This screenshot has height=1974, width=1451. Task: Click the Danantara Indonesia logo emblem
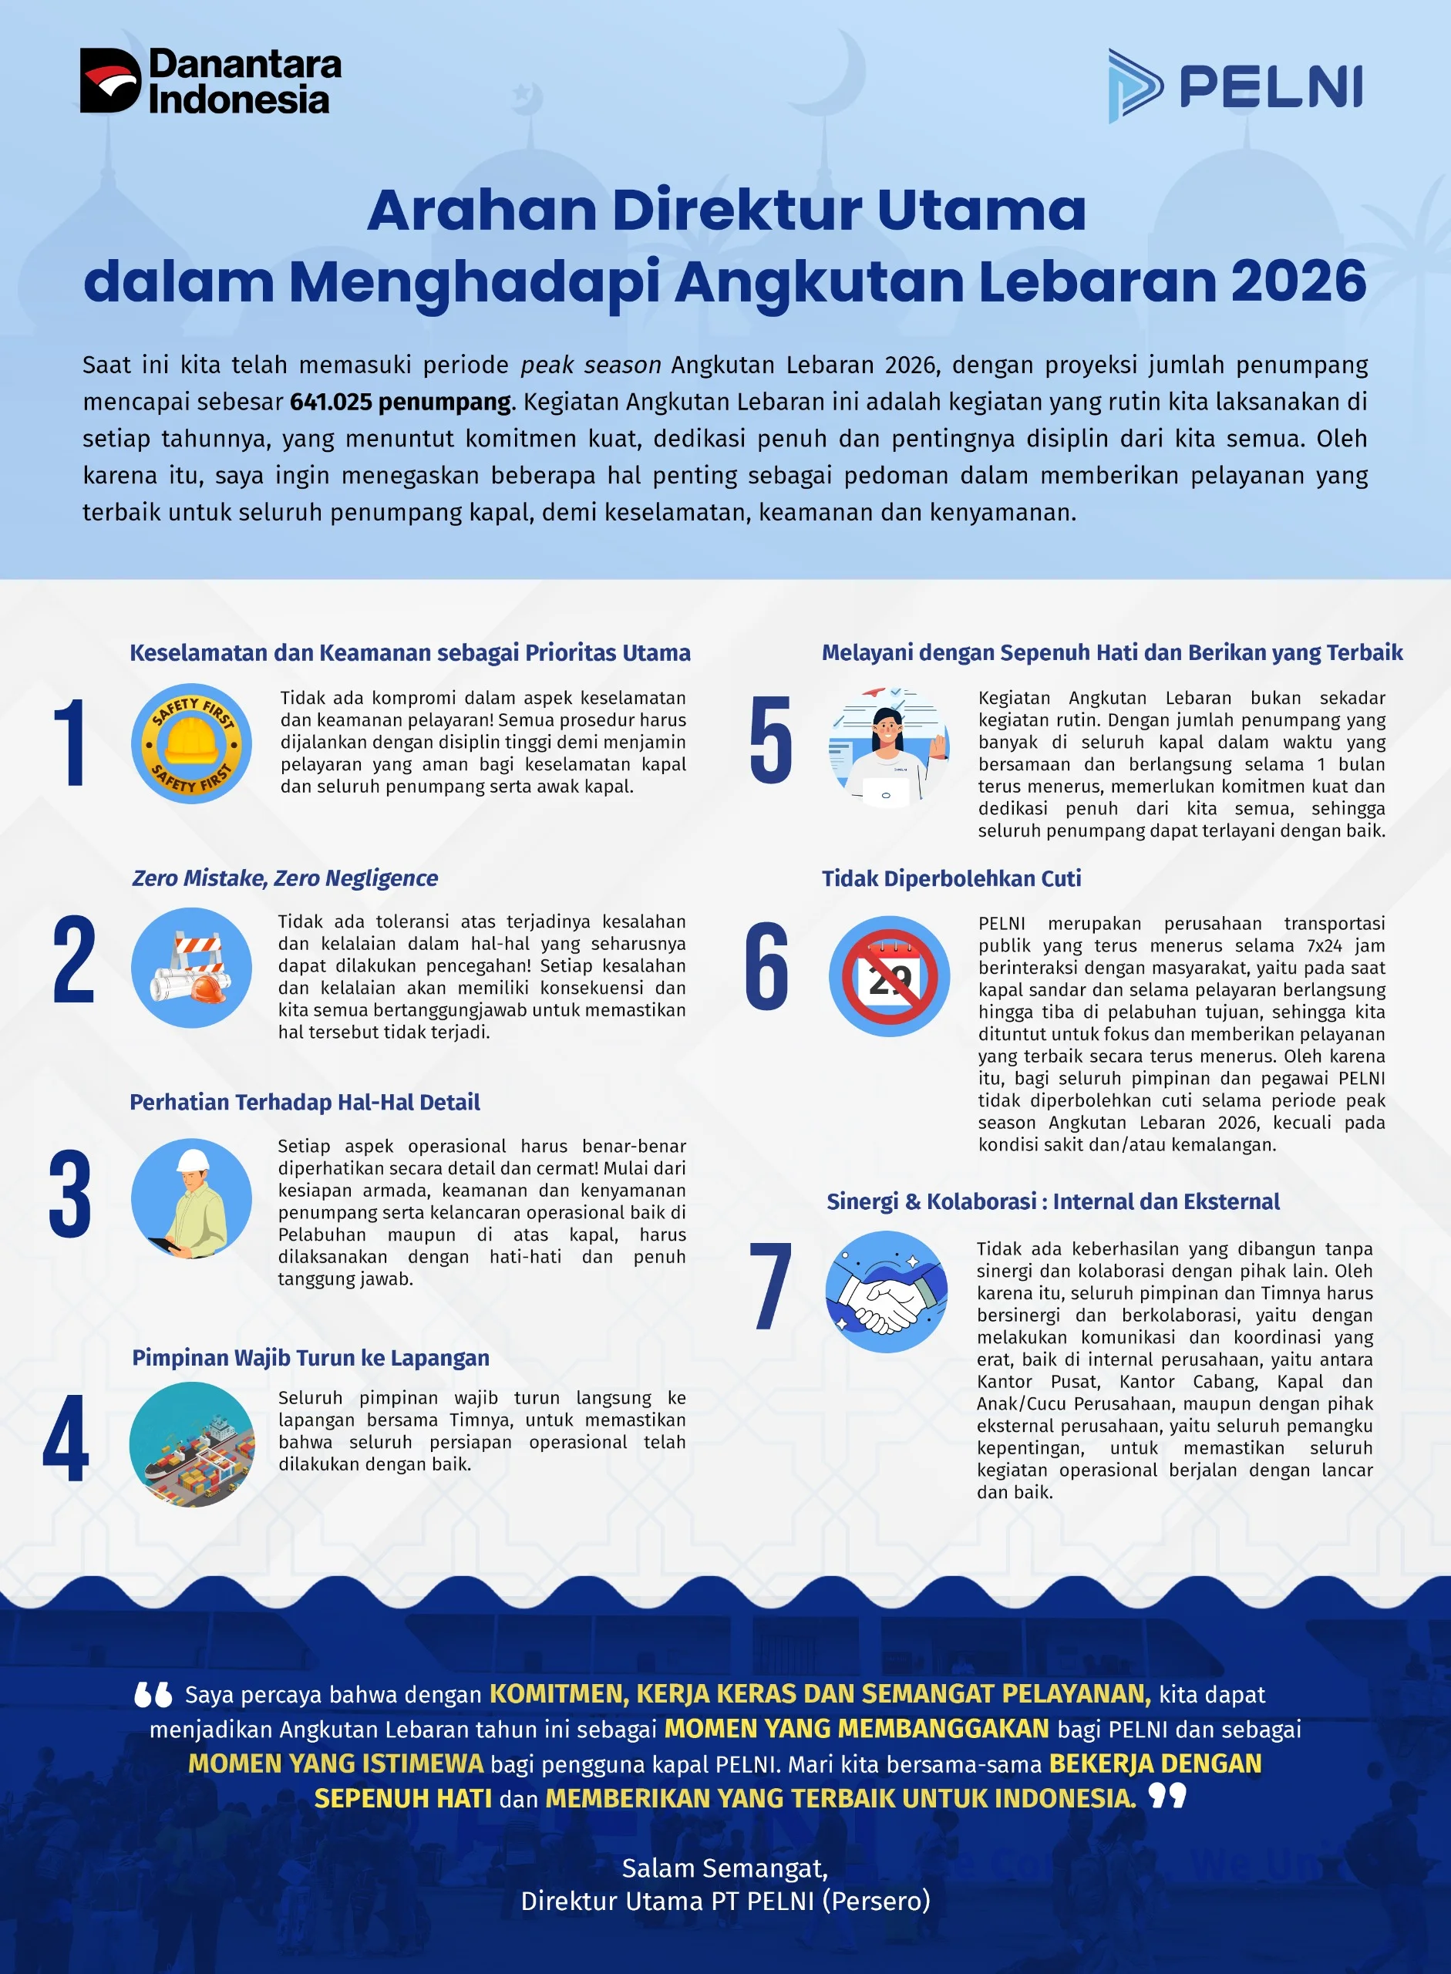click(109, 80)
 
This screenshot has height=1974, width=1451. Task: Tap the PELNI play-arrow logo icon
click(1135, 86)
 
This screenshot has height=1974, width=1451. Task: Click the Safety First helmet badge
click(191, 743)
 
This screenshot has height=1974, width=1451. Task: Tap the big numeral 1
click(69, 743)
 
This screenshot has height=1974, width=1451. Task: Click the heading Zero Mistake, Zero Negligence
click(284, 878)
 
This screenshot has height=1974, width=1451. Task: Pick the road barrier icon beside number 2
click(191, 967)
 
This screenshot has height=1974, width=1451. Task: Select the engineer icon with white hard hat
click(191, 1198)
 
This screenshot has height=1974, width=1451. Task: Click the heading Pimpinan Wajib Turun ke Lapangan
click(310, 1357)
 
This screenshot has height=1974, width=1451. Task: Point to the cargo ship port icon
click(191, 1444)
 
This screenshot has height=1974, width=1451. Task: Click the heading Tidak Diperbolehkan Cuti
click(951, 878)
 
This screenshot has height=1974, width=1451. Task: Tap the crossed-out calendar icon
click(889, 976)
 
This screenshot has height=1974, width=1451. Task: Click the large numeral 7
click(770, 1286)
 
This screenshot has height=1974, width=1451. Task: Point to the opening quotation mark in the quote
click(153, 1694)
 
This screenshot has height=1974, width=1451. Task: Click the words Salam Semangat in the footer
click(725, 1867)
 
